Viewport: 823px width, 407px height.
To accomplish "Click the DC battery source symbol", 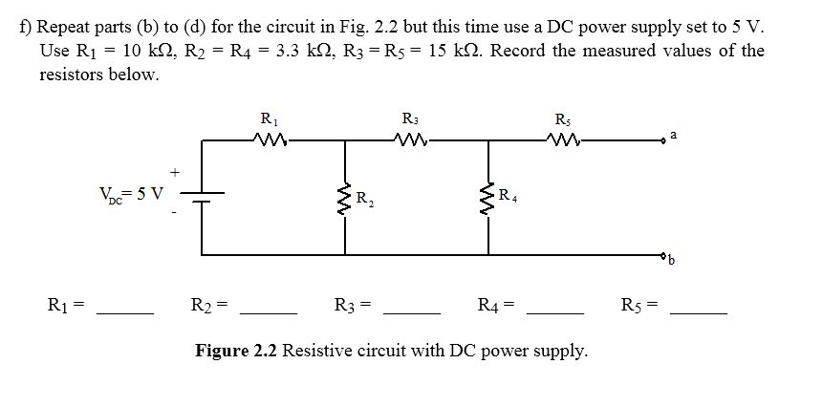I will point(202,197).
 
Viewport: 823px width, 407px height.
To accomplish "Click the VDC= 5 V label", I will point(131,194).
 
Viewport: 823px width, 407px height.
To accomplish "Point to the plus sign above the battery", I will point(175,172).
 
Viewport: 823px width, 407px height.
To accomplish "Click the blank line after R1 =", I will point(125,311).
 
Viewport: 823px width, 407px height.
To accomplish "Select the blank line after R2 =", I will point(268,311).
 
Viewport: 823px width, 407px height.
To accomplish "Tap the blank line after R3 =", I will point(411,311).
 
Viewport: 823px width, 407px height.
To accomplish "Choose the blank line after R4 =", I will point(554,311).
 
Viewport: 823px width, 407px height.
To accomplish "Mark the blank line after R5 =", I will point(699,311).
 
